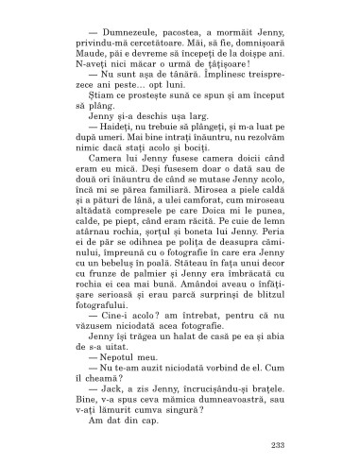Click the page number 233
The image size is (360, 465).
(277, 420)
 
